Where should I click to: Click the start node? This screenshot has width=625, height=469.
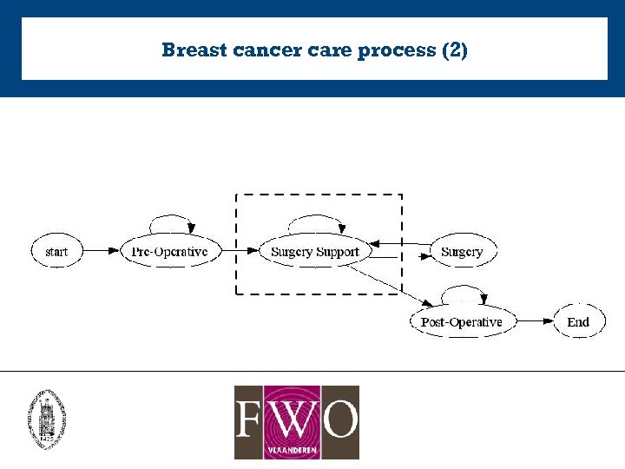coord(56,252)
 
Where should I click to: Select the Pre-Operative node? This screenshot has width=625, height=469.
coord(169,252)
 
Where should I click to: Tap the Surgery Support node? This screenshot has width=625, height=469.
coord(314,252)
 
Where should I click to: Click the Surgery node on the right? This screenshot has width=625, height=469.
coord(461,252)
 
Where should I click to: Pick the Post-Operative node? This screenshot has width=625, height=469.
coord(461,322)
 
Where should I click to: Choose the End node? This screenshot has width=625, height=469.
coord(578,322)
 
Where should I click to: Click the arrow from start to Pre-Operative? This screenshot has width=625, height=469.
coord(103,252)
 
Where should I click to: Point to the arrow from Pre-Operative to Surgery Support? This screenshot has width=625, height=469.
coord(239,252)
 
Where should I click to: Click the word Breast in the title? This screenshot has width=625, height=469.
coord(194,50)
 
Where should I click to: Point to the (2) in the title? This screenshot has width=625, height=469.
coord(455,50)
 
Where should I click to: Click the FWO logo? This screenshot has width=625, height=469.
coord(296,422)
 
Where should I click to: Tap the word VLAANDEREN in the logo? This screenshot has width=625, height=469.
coord(296,452)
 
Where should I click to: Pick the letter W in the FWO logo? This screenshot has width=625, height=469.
coord(296,419)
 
